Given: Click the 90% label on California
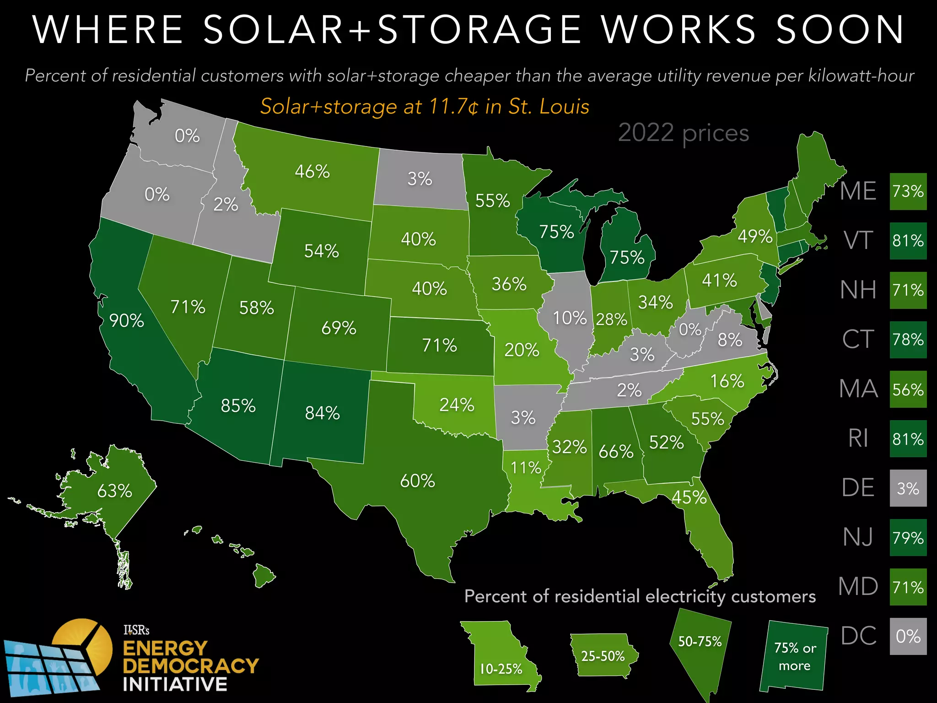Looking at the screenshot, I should click(127, 321).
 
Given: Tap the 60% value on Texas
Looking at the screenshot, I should click(417, 481).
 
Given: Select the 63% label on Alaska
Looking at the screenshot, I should click(114, 491).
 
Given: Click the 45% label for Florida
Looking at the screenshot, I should click(689, 497).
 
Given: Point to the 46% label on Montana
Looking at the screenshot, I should click(312, 172).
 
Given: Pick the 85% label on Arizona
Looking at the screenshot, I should click(238, 406).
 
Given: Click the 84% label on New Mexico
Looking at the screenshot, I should click(323, 413).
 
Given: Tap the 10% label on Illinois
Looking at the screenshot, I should click(569, 318).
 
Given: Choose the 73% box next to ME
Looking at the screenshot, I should click(908, 191).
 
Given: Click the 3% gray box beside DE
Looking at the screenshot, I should click(908, 488).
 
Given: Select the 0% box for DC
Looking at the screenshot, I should click(908, 636).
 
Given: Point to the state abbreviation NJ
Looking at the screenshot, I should click(858, 537).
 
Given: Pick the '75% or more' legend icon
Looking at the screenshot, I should click(794, 657).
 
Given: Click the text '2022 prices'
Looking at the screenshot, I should click(683, 133).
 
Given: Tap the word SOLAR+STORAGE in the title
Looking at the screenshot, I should click(392, 30).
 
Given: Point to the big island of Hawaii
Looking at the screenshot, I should click(264, 575).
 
